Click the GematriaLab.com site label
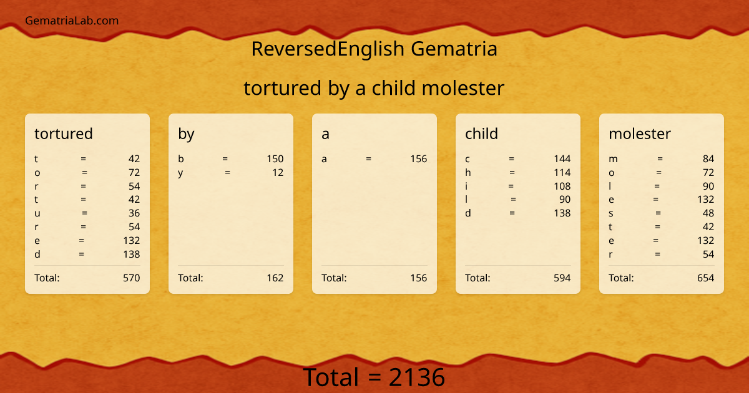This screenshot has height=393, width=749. (72, 21)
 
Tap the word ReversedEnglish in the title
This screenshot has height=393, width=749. (328, 49)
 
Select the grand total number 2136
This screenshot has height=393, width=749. (417, 377)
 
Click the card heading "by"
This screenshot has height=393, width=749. (186, 133)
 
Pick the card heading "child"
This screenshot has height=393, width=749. (481, 133)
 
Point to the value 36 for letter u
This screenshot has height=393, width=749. (134, 213)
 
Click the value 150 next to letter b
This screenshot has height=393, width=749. (275, 158)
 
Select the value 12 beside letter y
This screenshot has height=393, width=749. (278, 172)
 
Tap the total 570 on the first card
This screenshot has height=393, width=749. (131, 278)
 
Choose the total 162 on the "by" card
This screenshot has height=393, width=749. (275, 278)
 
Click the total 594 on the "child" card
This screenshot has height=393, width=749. (562, 278)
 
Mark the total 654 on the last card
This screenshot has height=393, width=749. (705, 278)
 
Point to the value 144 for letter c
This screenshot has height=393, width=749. (562, 158)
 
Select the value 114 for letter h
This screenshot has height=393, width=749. (562, 172)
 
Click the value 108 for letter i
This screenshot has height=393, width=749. (562, 186)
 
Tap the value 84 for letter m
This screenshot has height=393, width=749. (708, 158)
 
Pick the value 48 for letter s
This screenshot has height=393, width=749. (708, 213)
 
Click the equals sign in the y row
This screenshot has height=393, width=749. (228, 172)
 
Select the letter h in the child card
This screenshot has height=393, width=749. (468, 172)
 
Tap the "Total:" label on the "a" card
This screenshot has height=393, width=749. (334, 278)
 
